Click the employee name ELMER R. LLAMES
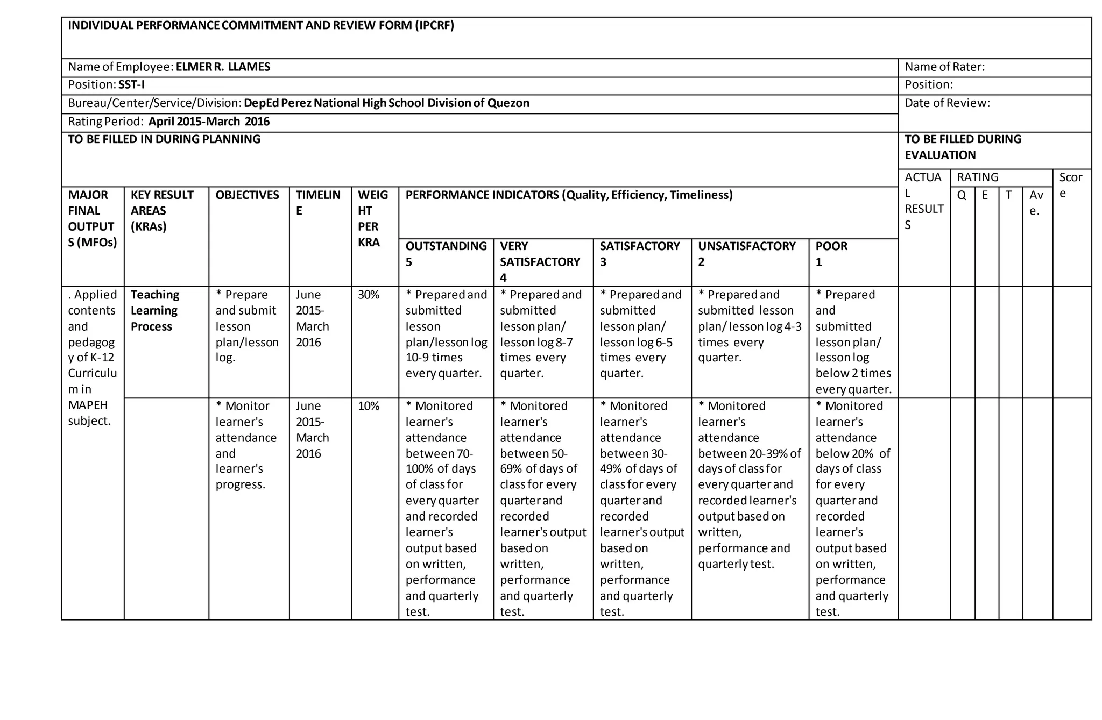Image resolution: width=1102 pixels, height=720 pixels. point(223,67)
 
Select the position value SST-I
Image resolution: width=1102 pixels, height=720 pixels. point(131,85)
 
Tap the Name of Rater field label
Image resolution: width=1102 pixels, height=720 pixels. point(944,67)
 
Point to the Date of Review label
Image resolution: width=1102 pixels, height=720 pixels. point(947,103)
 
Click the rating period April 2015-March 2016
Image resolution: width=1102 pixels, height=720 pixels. point(209,122)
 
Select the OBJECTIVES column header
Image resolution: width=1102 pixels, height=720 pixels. point(247,195)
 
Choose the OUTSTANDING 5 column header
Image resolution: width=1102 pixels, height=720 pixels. point(446,254)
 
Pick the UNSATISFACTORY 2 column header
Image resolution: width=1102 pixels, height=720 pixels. point(746,254)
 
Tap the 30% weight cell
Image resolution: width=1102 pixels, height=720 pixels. point(369,295)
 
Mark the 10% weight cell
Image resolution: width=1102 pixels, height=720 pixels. point(369,407)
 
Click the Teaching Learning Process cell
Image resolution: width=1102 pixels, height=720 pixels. point(154,311)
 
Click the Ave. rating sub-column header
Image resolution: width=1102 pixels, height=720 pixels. point(1036,203)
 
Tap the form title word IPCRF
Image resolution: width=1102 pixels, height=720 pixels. point(434,26)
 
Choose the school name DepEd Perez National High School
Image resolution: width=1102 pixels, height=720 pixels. point(334,103)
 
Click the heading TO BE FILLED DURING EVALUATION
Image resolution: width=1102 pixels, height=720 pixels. point(963,147)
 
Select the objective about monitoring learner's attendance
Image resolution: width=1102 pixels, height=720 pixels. point(246,445)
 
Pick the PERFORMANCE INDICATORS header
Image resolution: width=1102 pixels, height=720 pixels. point(569,195)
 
